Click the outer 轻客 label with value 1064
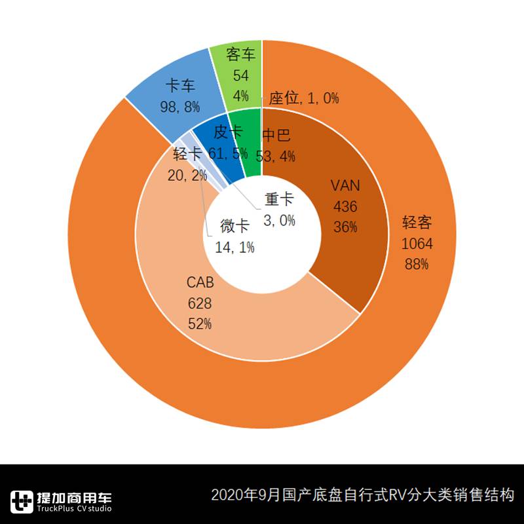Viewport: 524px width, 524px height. coord(417,243)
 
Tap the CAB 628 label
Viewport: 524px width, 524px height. coord(200,303)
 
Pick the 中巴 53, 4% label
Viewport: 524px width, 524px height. coord(278,145)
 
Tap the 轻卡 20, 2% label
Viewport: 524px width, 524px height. coord(187,164)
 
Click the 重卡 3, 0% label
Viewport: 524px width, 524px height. coord(280,210)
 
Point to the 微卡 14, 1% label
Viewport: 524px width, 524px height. coord(234,236)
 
